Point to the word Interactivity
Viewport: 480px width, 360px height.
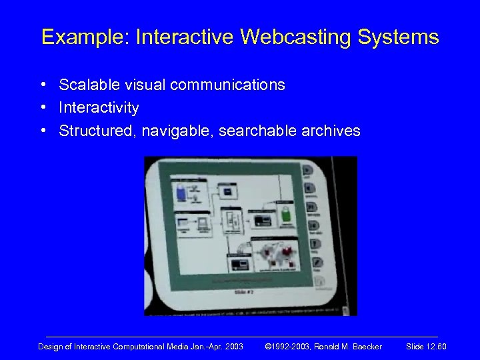99,108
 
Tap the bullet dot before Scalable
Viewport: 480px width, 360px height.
42,85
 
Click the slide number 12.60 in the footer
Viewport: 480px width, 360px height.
433,346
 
